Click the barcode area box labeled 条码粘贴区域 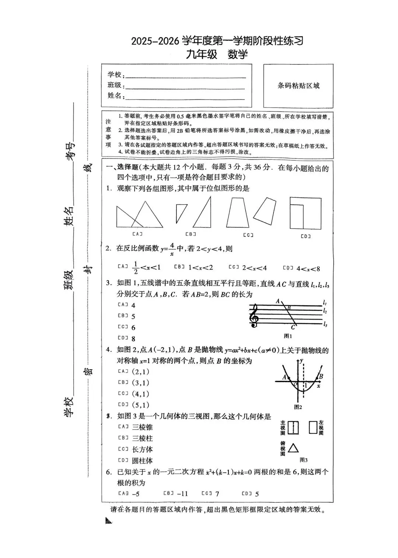(298, 86)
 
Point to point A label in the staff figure (277, 301)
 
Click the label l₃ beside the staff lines (325, 324)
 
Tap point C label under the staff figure (293, 327)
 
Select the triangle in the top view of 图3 (293, 448)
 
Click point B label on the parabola (321, 376)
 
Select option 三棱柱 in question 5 (142, 438)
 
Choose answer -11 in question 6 (182, 494)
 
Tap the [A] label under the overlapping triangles (137, 234)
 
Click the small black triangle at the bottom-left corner (108, 521)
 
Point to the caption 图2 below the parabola (298, 407)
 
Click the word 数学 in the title (238, 54)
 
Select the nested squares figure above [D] (305, 213)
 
